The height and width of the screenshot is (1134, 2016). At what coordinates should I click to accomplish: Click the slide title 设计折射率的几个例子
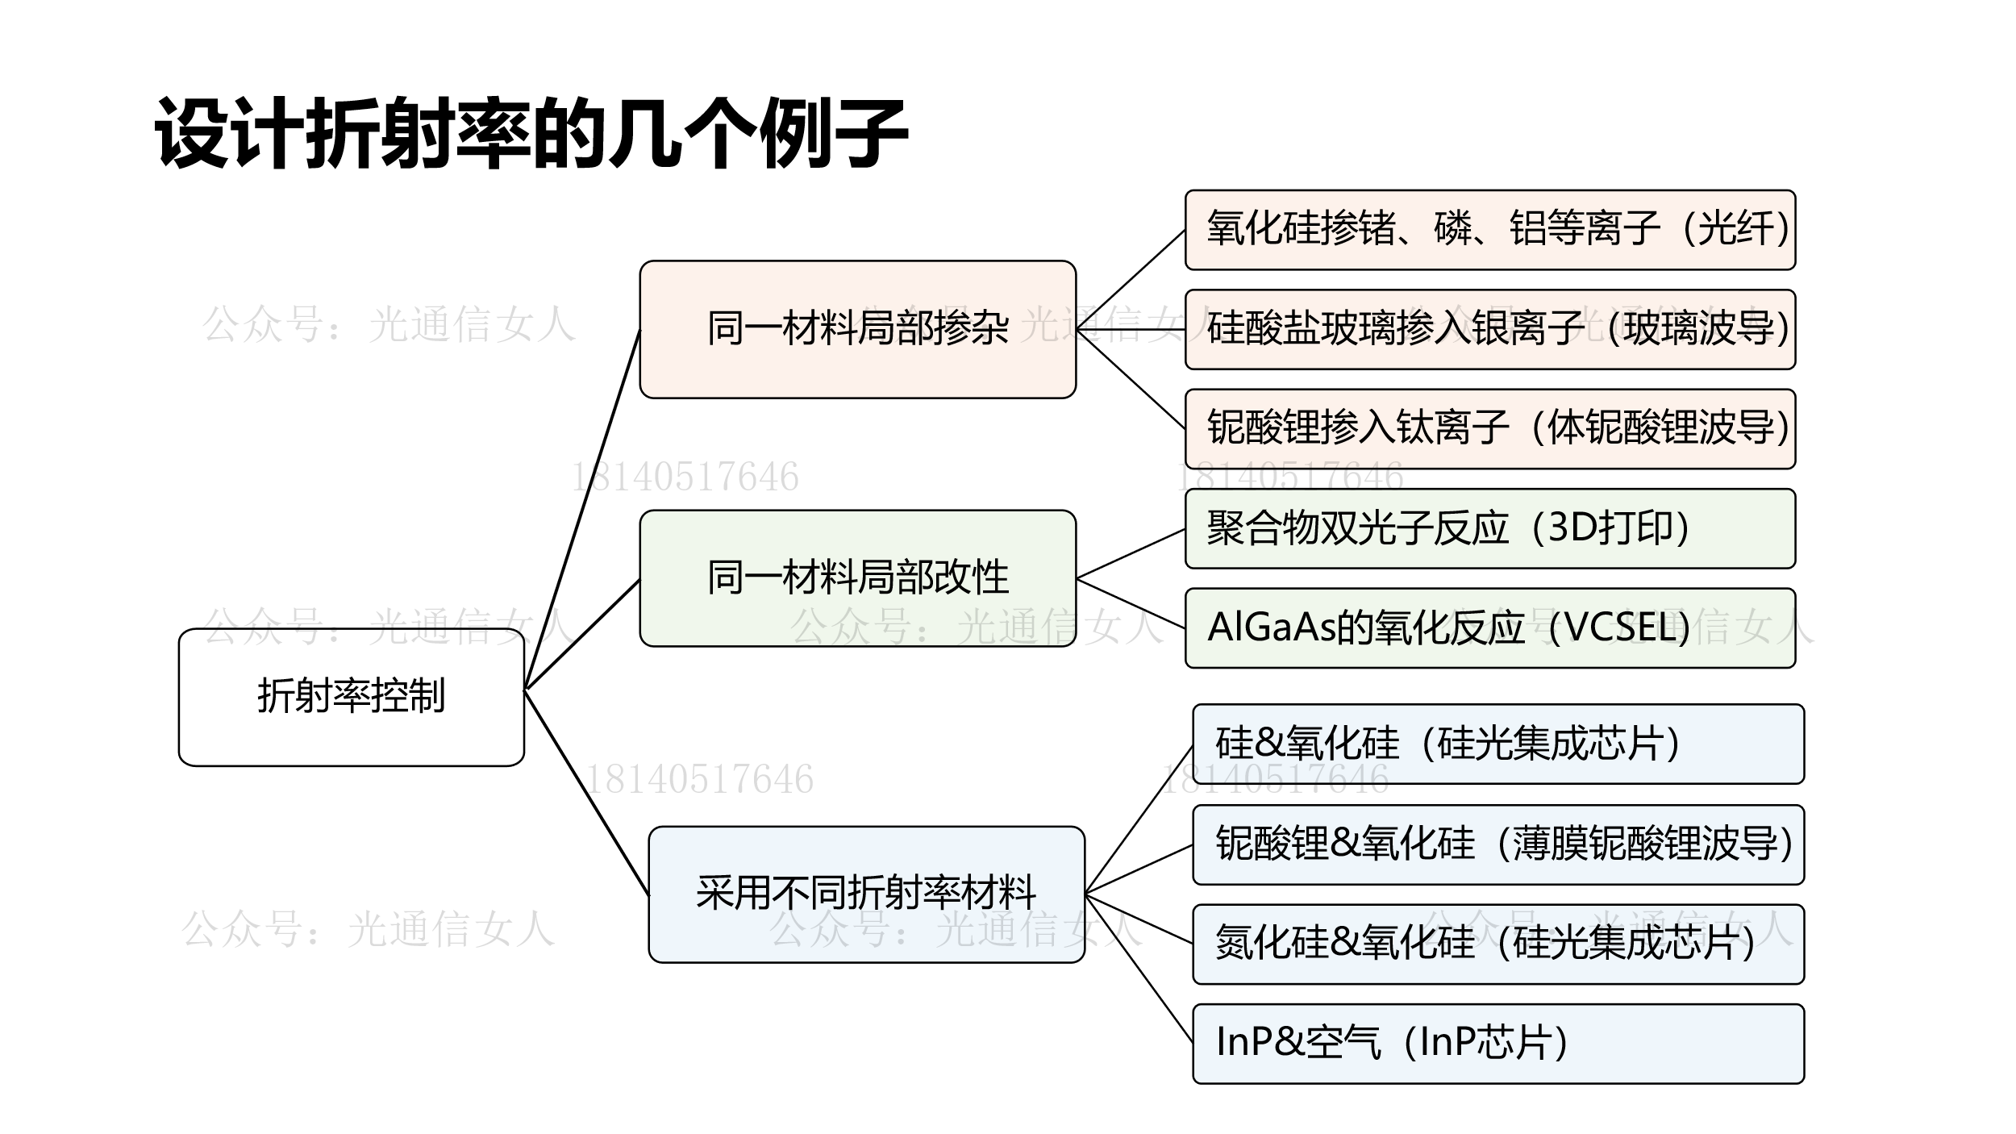click(531, 133)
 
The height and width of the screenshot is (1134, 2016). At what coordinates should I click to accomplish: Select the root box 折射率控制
click(351, 697)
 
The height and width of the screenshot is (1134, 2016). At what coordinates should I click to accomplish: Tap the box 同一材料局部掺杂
click(857, 329)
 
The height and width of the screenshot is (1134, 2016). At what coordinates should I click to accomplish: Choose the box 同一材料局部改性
click(857, 578)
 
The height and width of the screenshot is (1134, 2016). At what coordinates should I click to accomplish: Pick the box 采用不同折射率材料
click(866, 894)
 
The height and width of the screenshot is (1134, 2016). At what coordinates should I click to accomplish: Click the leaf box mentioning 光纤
click(1489, 230)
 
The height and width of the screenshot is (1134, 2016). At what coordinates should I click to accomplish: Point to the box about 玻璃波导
click(1489, 329)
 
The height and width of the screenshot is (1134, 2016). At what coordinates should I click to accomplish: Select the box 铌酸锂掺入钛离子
click(1489, 429)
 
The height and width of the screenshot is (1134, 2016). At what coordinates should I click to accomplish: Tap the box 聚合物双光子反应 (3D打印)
click(1489, 529)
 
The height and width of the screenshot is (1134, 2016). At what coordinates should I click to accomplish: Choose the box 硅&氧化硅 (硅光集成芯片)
click(1497, 744)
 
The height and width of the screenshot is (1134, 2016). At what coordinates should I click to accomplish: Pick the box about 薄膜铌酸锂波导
click(1497, 844)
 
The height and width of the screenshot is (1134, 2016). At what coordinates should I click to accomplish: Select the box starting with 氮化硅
click(1497, 944)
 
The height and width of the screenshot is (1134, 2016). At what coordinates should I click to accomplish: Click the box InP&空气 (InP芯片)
click(1497, 1044)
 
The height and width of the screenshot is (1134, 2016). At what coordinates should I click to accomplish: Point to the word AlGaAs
click(1270, 628)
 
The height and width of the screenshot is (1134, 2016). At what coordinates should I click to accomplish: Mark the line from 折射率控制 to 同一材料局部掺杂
click(582, 509)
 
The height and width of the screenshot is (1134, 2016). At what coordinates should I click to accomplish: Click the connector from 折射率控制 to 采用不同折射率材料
click(586, 791)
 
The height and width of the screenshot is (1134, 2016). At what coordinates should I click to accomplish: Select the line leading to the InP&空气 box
click(1139, 969)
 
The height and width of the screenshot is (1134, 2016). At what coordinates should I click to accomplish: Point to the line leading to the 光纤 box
click(1131, 280)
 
